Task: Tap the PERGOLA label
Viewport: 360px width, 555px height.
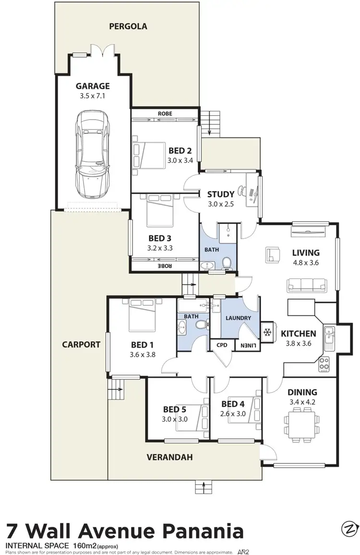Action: pos(128,26)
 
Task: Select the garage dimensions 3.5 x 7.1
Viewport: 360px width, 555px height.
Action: pos(93,96)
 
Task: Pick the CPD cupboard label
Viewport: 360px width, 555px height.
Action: pos(222,345)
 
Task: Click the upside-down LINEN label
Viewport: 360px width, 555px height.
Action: pos(247,345)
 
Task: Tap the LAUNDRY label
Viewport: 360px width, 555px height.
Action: pos(238,318)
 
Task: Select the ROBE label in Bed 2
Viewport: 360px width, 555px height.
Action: pos(165,114)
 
